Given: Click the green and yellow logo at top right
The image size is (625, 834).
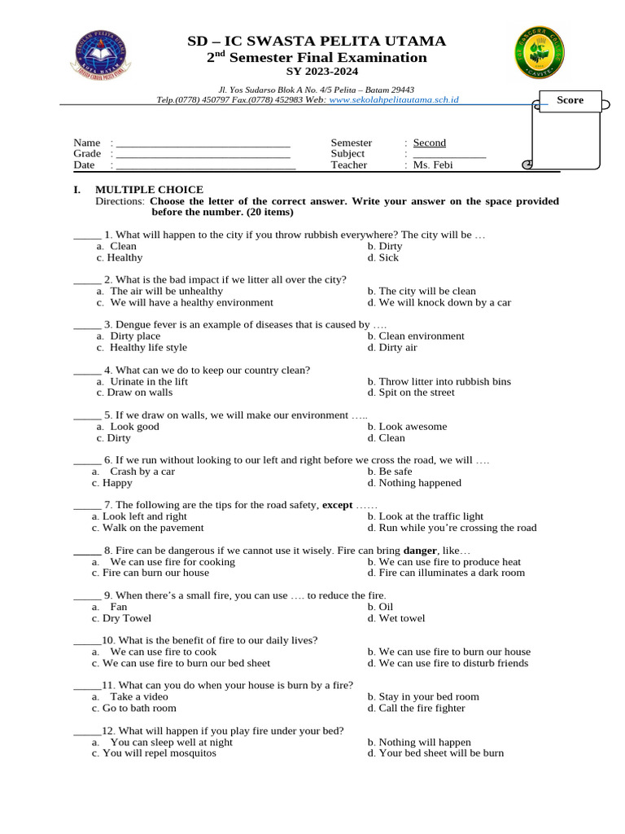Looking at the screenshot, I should click(539, 53).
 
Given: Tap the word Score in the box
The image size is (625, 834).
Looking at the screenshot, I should click(570, 100).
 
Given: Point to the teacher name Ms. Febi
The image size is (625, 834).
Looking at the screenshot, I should click(433, 165).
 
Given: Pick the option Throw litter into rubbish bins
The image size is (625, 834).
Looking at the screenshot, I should click(439, 381).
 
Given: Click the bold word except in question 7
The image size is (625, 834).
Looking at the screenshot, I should click(338, 505).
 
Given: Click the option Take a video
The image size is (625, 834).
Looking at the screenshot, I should click(138, 696).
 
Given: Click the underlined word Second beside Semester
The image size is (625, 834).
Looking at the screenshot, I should click(429, 143).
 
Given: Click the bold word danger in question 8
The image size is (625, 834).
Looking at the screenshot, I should click(419, 551).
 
